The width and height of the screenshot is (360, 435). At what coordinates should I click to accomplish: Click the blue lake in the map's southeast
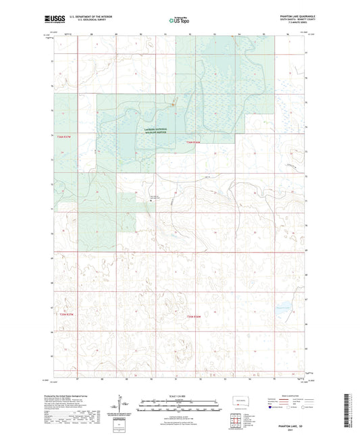tap(282, 303)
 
